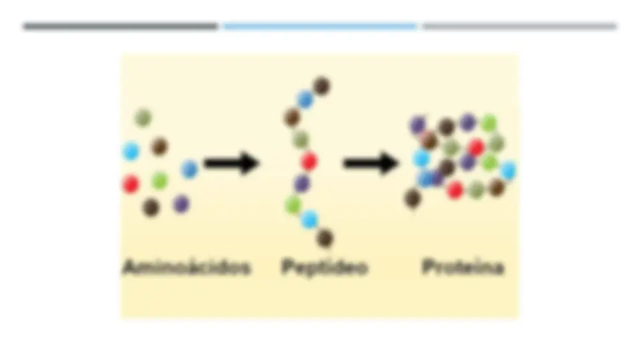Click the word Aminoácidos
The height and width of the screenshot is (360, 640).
tap(187, 267)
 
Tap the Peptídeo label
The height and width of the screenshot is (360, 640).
tap(325, 268)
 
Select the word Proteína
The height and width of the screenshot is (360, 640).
tap(463, 267)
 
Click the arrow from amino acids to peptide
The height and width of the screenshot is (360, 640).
tap(231, 163)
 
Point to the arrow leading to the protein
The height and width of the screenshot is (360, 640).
tap(371, 163)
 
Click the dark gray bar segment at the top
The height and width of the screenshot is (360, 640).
tap(121, 27)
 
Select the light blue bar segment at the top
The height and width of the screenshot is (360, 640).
tap(320, 27)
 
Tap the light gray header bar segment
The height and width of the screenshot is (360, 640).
tap(519, 27)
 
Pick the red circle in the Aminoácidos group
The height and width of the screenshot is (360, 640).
tap(131, 184)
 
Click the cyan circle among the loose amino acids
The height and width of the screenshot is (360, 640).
tap(131, 151)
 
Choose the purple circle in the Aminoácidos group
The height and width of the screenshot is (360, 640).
tap(181, 204)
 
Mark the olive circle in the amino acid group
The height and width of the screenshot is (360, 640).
tap(143, 118)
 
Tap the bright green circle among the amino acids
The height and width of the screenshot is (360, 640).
tap(159, 181)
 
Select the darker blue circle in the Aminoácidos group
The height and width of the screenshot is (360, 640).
tap(189, 169)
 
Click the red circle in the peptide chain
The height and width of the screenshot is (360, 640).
tap(309, 161)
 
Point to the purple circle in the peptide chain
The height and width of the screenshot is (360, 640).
tap(302, 184)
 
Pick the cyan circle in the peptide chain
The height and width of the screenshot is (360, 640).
tap(309, 219)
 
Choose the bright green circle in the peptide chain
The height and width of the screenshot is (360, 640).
tap(293, 205)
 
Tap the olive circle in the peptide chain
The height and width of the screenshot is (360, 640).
tap(301, 139)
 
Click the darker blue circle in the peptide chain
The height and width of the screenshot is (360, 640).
tap(305, 99)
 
